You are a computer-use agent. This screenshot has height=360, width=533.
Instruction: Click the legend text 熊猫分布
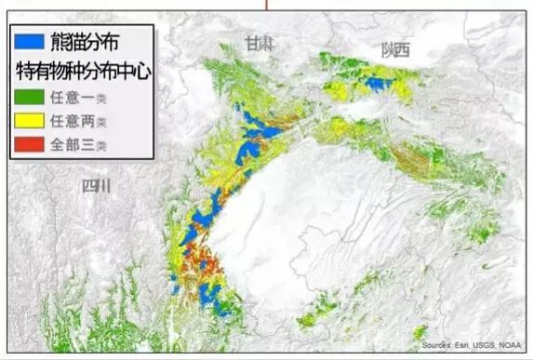click(90, 41)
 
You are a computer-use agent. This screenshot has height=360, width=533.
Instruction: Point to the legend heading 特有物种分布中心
click(84, 70)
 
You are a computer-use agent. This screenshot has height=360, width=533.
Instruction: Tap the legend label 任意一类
click(81, 96)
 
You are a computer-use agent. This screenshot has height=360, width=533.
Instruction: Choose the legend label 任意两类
click(81, 121)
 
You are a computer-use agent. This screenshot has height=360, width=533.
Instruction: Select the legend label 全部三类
click(81, 145)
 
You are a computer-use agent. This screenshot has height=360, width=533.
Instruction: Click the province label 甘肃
click(259, 43)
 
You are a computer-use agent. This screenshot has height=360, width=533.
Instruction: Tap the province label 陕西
click(394, 51)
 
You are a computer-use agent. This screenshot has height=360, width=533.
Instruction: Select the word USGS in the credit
click(487, 345)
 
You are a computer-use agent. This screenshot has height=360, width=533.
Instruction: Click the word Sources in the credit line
click(435, 345)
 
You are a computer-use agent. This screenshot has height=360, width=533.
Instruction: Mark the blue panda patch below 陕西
click(376, 84)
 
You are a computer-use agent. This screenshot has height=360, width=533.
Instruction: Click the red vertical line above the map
click(268, 5)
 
